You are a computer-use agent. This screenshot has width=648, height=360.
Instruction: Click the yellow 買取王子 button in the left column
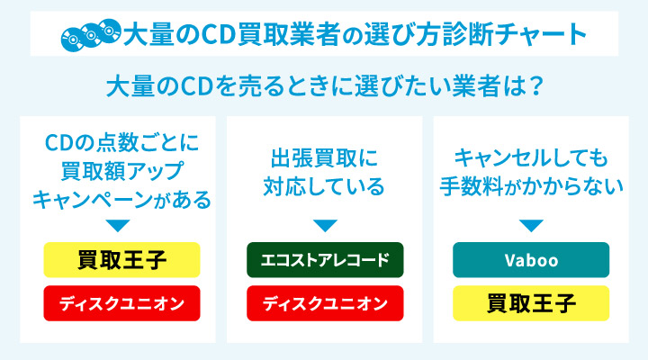(121, 260)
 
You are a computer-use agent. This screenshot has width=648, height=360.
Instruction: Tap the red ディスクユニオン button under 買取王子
(121, 303)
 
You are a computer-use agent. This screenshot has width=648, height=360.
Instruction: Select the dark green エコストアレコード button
(325, 260)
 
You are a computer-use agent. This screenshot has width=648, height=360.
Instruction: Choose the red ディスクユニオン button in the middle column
(325, 303)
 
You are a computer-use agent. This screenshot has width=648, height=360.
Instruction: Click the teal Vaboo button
(531, 260)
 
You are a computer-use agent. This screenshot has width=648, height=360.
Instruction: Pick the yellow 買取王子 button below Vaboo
(531, 303)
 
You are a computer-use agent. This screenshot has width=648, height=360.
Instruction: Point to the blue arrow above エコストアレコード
(325, 226)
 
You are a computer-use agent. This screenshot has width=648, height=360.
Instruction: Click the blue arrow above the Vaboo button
(531, 226)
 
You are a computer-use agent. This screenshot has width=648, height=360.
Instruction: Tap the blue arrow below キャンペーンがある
(118, 226)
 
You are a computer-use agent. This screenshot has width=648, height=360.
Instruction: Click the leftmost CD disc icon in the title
(73, 40)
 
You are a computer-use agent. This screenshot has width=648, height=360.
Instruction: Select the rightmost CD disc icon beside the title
(110, 31)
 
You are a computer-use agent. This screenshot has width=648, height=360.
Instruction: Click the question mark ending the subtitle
(536, 86)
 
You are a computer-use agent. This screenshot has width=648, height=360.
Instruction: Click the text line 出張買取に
(324, 157)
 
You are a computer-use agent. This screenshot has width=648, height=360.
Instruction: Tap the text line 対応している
(324, 186)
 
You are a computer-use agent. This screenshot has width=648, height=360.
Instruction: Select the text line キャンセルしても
(531, 157)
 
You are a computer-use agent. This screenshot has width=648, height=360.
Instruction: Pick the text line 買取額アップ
(121, 171)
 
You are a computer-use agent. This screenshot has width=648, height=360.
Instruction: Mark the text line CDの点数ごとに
(121, 142)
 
